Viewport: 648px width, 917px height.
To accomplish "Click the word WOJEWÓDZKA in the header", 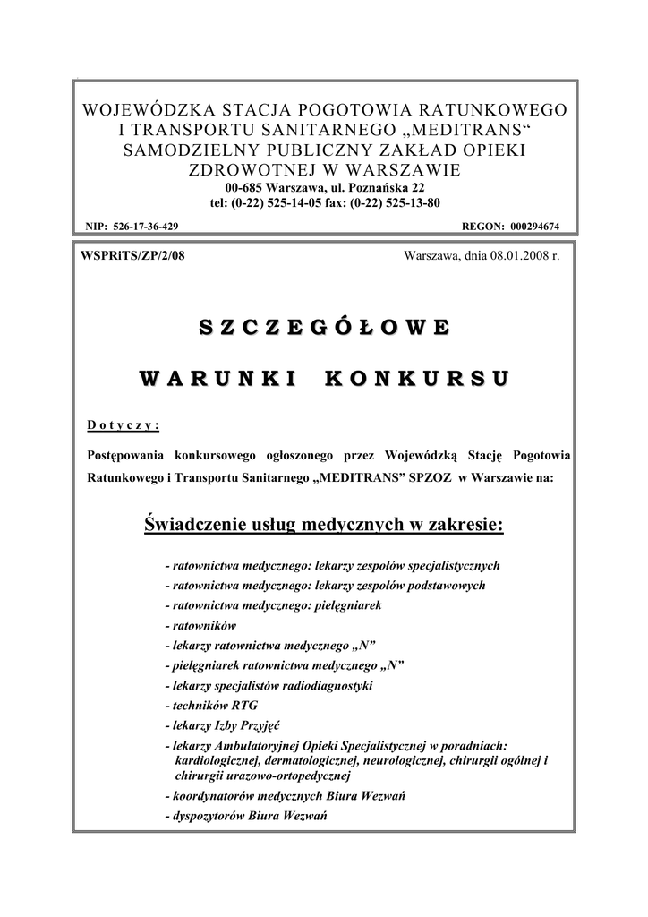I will pos(135,110).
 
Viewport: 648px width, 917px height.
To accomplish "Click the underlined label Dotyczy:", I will pos(123,424).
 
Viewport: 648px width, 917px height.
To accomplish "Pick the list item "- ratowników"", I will pos(200,626).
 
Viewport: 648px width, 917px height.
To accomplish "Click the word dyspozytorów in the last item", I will pos(210,816).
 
